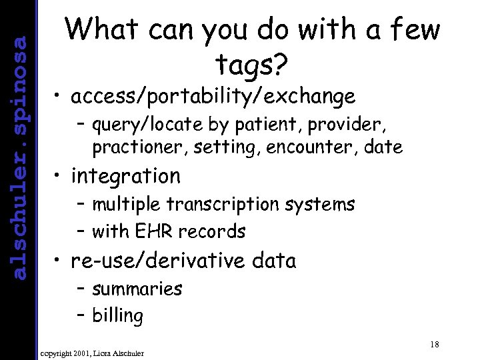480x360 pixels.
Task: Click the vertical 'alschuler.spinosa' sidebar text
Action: coord(20,157)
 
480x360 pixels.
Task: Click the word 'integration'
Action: coord(125,176)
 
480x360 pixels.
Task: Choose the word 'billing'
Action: coord(118,316)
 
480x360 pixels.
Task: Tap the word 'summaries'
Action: coord(137,289)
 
